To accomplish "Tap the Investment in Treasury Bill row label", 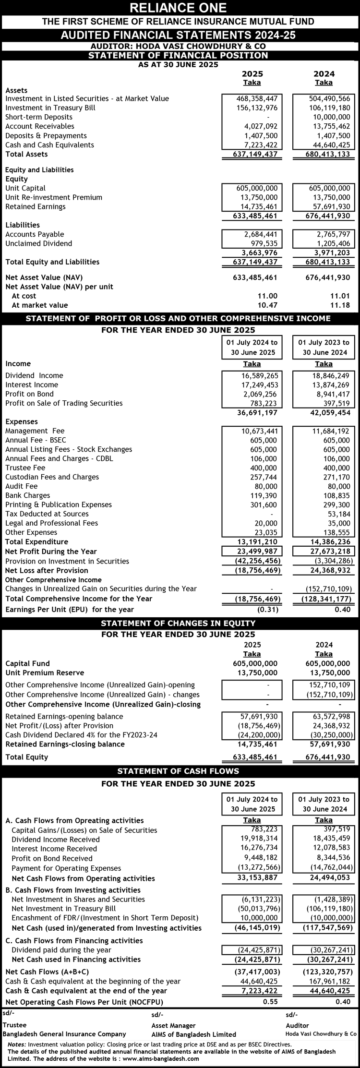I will (50, 108).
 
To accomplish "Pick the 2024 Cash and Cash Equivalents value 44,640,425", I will (329, 145).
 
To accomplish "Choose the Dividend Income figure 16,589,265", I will (259, 375).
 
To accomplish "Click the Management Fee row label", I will (35, 431).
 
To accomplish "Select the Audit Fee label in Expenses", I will (21, 486).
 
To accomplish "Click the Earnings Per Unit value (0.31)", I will (268, 610).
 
